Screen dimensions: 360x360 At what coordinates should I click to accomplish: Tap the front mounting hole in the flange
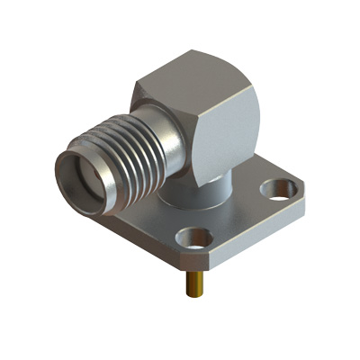tap(193, 238)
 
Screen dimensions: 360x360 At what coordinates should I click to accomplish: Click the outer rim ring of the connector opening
tap(61, 176)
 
